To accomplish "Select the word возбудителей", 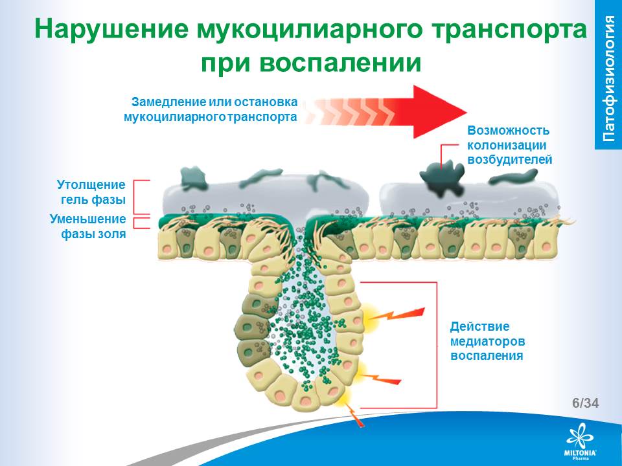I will pos(509,159).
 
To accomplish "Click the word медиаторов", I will pos(487,340).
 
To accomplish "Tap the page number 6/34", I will pos(585,403).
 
